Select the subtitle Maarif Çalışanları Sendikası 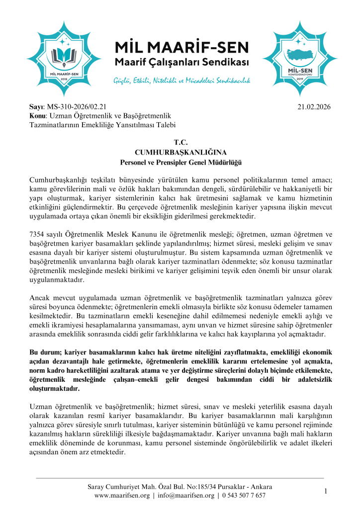click(181, 63)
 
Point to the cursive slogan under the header click(181, 80)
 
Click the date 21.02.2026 click(314, 106)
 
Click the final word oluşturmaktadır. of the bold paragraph click(55, 388)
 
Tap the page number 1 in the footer click(326, 491)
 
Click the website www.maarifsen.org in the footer click(122, 496)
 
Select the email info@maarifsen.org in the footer click(185, 496)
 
